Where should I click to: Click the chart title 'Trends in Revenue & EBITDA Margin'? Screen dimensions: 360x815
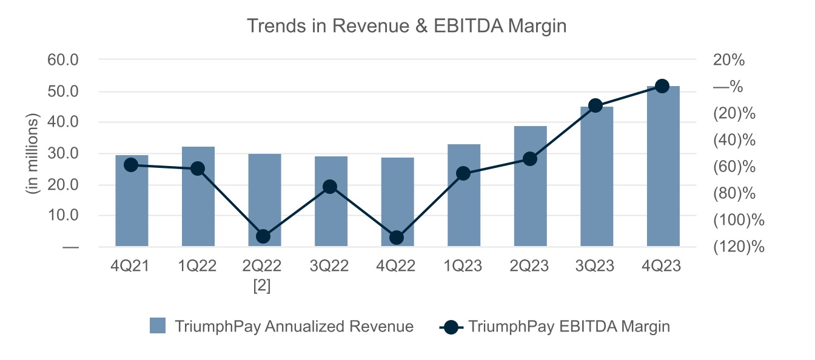pos(406,25)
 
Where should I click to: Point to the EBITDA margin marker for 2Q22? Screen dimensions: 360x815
pos(263,236)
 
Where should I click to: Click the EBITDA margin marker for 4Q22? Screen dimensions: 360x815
pos(397,238)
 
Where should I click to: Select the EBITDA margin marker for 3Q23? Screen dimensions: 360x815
pos(595,105)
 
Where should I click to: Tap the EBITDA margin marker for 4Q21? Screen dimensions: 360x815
pos(131,165)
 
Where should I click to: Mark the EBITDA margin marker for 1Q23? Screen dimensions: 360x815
pos(463,174)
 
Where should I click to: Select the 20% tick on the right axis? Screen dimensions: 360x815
pos(729,60)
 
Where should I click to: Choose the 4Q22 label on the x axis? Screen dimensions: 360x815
pos(397,267)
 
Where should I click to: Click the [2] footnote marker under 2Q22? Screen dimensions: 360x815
pos(262,285)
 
